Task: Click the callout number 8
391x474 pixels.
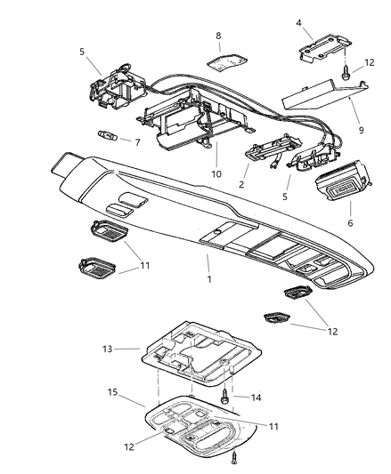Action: point(216,36)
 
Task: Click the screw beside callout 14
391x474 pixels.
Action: point(229,398)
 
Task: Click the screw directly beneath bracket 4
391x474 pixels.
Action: point(342,80)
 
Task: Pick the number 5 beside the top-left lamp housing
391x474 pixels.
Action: point(82,52)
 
